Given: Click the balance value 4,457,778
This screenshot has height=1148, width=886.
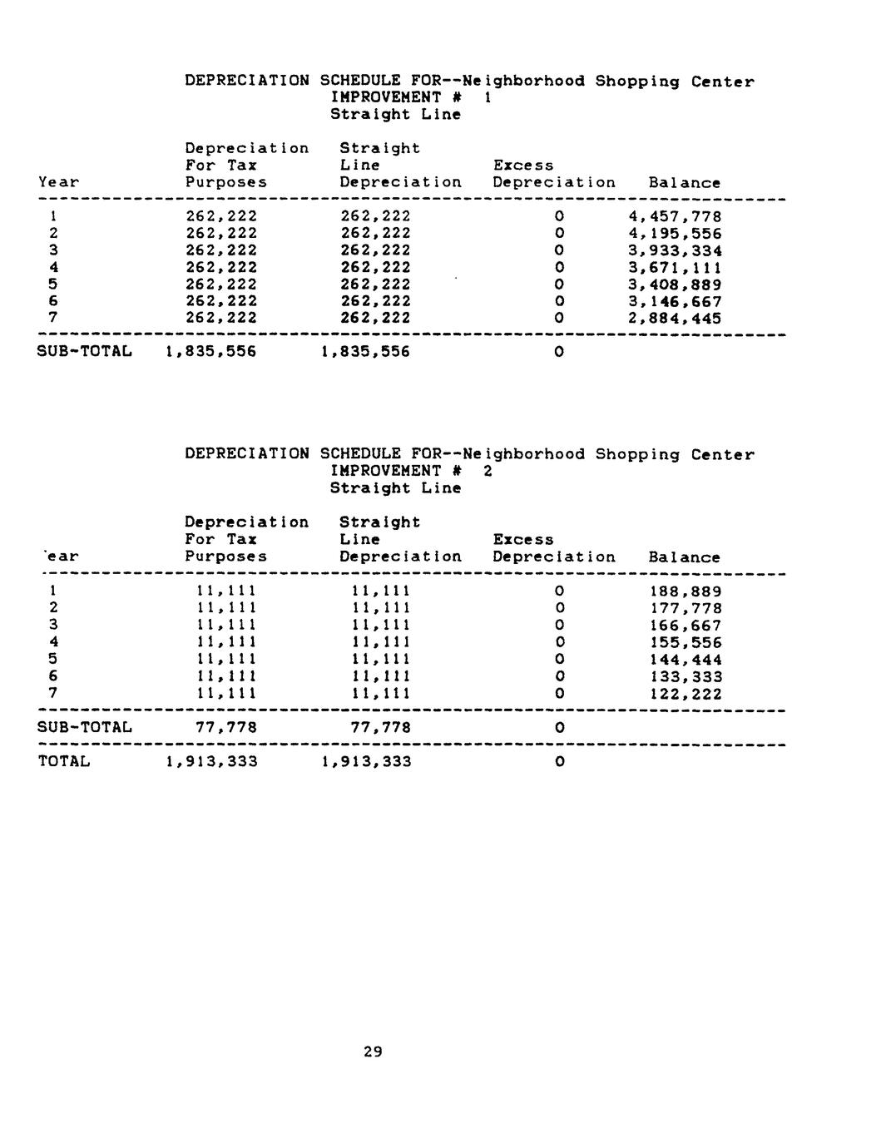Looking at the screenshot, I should point(675,217).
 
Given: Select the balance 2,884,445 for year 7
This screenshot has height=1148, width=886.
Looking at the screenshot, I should point(675,319).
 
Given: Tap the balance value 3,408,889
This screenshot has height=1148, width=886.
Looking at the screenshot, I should point(675,285).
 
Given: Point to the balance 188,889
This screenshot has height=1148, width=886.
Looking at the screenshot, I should point(686,591).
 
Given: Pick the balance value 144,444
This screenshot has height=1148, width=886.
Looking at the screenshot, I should point(686,660).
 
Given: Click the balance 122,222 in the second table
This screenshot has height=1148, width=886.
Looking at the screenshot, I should point(686,694).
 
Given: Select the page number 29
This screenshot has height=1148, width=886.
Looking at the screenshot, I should point(373,1052).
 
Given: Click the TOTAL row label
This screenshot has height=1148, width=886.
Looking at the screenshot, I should point(64,761).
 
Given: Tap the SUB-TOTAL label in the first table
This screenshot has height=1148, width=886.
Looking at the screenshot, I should point(85,352).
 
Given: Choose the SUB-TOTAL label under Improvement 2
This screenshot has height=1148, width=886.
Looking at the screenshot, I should point(85,728).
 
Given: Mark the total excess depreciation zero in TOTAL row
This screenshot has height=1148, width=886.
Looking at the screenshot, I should point(559,761).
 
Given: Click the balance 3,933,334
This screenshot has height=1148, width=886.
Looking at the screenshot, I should point(675,251).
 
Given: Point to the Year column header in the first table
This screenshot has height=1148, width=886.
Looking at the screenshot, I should point(59,183).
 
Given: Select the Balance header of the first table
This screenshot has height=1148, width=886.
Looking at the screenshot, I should point(684,183).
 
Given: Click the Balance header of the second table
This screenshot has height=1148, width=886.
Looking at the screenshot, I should point(684,557).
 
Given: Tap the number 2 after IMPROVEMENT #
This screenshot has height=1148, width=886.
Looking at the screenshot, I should point(488,472).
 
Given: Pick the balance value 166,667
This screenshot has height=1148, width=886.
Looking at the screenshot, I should point(686,626).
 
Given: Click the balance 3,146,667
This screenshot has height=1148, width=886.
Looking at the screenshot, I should point(675,302).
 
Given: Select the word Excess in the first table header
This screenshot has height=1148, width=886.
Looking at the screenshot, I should point(523,166).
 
